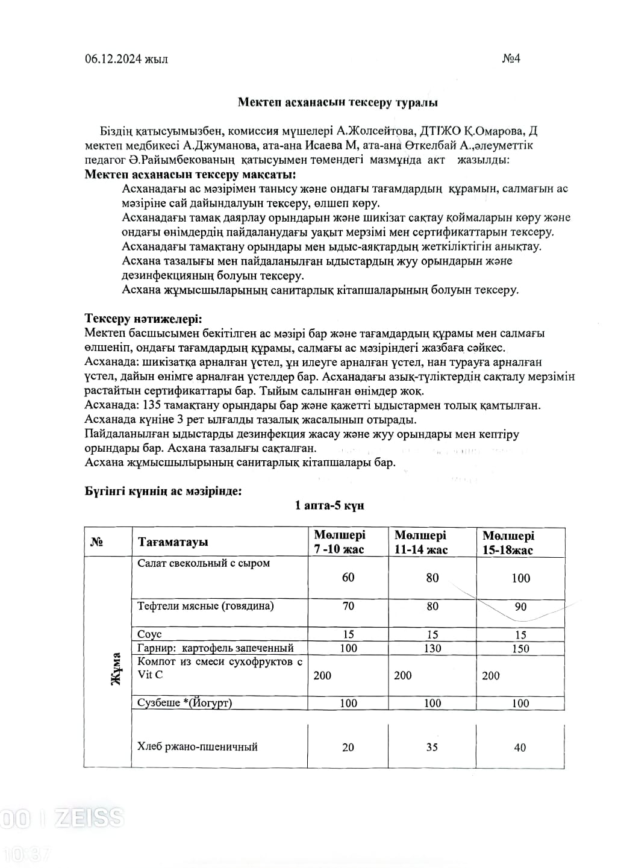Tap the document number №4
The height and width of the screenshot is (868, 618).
[511, 58]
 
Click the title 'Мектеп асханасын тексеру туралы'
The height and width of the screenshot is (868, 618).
[337, 102]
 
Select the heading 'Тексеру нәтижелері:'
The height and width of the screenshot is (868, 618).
[143, 319]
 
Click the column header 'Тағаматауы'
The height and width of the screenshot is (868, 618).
[173, 542]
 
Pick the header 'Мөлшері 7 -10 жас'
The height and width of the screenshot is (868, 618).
[340, 542]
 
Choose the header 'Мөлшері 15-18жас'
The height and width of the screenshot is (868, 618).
[508, 542]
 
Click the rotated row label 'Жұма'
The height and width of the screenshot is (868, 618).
[115, 668]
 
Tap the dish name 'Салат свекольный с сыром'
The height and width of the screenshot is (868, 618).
[204, 563]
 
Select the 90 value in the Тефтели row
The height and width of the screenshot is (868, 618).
[520, 607]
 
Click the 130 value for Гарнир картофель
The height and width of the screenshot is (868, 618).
[432, 648]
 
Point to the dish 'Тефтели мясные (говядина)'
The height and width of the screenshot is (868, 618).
[205, 605]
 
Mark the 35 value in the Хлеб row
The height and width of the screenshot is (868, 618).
[432, 747]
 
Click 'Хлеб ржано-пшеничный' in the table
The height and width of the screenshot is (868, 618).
[198, 747]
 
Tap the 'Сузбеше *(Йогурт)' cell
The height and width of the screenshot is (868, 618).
[184, 702]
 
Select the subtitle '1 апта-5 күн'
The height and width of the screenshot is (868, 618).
[329, 505]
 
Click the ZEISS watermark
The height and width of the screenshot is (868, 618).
[89, 817]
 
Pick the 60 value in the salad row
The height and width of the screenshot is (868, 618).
[348, 577]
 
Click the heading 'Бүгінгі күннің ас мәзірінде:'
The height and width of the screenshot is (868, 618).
[163, 491]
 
